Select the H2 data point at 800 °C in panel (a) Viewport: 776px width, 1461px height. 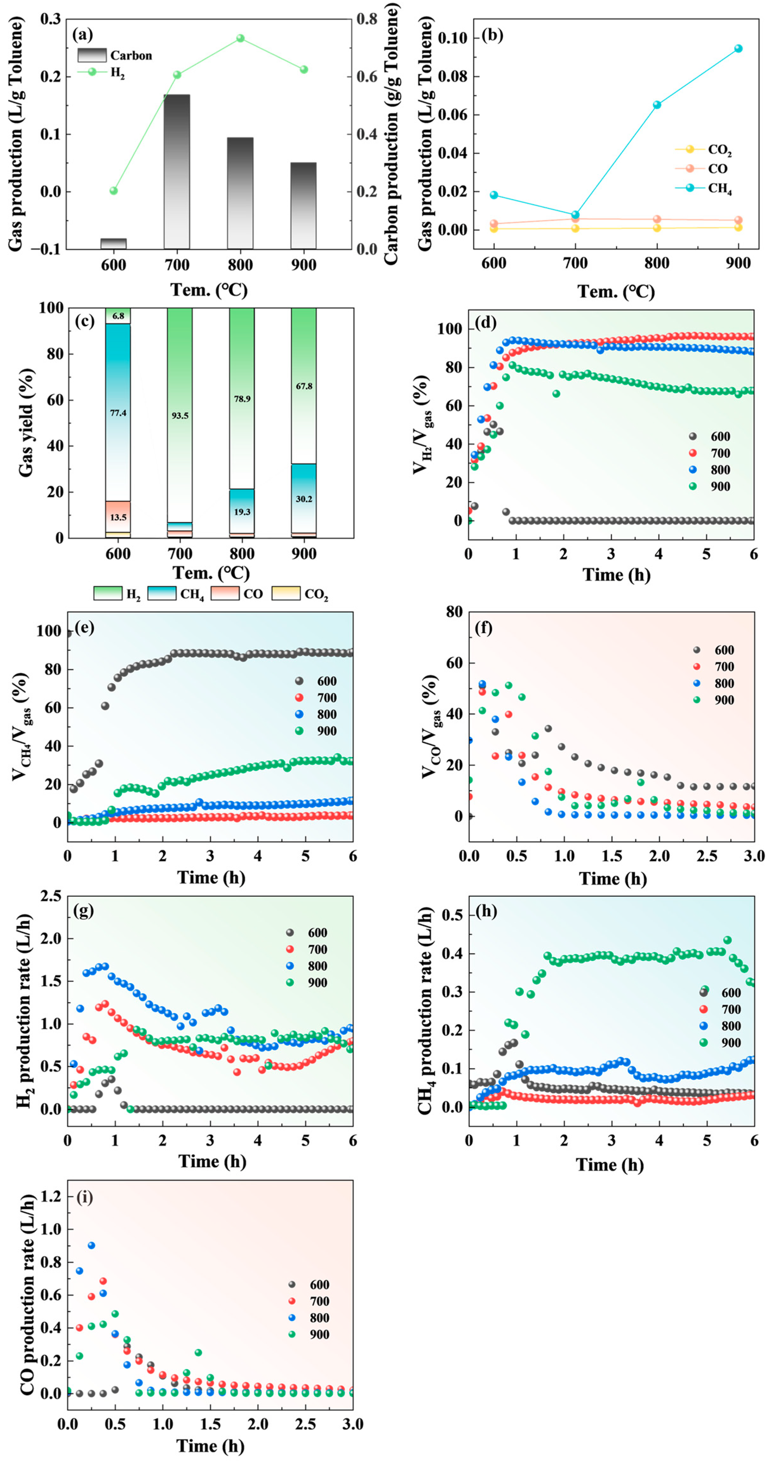240,38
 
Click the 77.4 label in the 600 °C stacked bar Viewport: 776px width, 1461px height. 118,413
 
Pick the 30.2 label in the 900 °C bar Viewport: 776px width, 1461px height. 304,499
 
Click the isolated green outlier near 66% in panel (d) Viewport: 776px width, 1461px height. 556,394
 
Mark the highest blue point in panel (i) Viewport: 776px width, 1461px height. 91,1246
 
